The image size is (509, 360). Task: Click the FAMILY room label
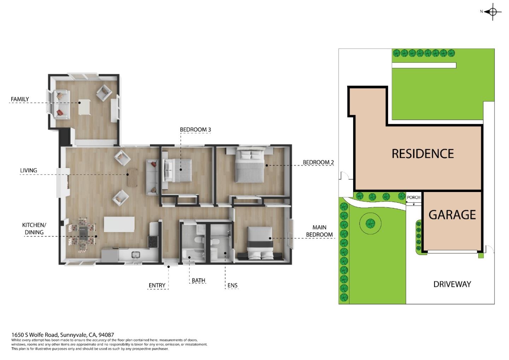[x=20, y=99]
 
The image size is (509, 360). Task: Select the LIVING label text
[x=28, y=170]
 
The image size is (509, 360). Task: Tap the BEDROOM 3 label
[x=195, y=130]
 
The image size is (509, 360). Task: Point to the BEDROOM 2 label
[x=318, y=163]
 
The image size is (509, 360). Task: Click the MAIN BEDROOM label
[x=319, y=231]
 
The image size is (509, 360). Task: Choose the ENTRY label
[x=157, y=285]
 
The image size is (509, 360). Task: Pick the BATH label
[x=198, y=280]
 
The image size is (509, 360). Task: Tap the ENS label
[x=232, y=285]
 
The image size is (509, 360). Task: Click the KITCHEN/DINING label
[x=34, y=229]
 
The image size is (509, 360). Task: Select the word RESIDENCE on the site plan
[x=423, y=154]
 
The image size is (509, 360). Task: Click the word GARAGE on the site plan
[x=452, y=215]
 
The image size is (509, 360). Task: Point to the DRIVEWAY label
[x=452, y=284]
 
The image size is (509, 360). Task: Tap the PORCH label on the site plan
[x=414, y=198]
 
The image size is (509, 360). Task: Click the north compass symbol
[x=493, y=12]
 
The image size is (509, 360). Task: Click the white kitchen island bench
[x=119, y=225]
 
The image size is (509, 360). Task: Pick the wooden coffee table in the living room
[x=132, y=178]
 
